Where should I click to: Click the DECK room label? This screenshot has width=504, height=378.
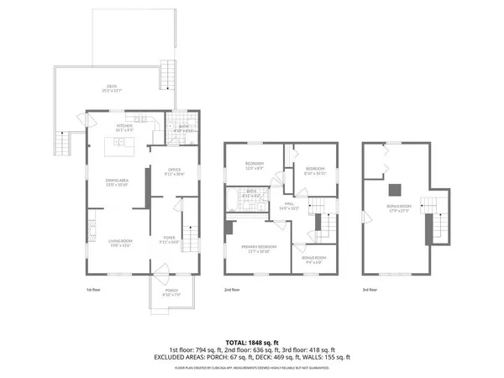coord(111,88)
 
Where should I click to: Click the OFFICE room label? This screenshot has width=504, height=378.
coord(174,172)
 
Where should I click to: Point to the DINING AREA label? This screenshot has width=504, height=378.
coord(116,182)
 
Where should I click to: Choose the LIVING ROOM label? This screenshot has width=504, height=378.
coord(120,244)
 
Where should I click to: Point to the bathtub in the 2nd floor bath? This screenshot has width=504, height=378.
coord(232,202)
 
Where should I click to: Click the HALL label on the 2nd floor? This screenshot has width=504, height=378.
coord(287,205)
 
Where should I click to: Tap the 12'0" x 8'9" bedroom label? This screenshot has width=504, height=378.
coord(255,165)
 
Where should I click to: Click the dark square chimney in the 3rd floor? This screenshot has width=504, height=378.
coord(391,188)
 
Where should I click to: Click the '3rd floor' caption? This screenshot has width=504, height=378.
coord(370,290)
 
